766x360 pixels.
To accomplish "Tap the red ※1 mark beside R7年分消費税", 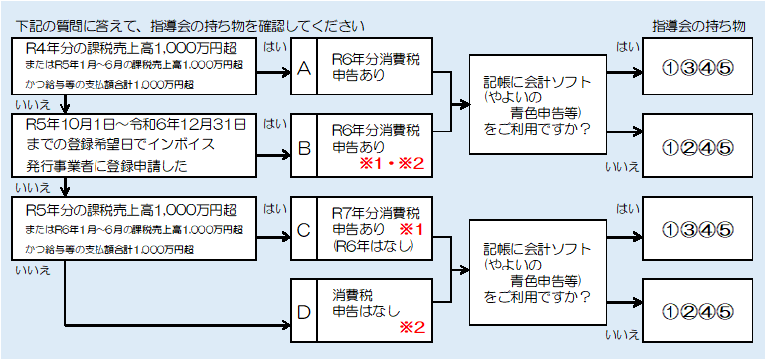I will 412,228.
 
